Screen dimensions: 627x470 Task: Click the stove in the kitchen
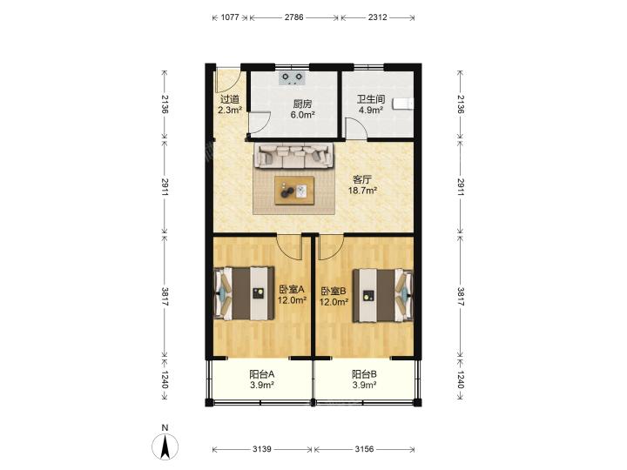click(291, 78)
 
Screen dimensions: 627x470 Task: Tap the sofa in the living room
click(294, 156)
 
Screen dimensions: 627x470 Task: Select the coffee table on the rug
click(294, 191)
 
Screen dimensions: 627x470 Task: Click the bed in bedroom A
click(245, 294)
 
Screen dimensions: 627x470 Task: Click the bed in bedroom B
click(382, 296)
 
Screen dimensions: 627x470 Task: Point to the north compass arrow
click(165, 446)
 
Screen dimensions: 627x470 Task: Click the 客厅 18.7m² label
click(362, 185)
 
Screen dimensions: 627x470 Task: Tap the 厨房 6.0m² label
click(302, 110)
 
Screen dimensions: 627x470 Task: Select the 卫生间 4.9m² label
click(371, 104)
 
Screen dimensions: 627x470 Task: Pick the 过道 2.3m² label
click(230, 104)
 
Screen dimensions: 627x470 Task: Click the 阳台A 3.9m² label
click(262, 379)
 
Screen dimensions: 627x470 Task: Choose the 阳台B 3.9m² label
click(364, 379)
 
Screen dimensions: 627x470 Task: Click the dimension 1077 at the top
click(230, 17)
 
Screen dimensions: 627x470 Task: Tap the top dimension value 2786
click(294, 17)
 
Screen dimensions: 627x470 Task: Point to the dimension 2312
click(377, 17)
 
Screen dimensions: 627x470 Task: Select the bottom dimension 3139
click(262, 449)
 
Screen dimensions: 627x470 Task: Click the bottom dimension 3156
click(364, 449)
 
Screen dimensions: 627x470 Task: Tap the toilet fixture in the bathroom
click(403, 104)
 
